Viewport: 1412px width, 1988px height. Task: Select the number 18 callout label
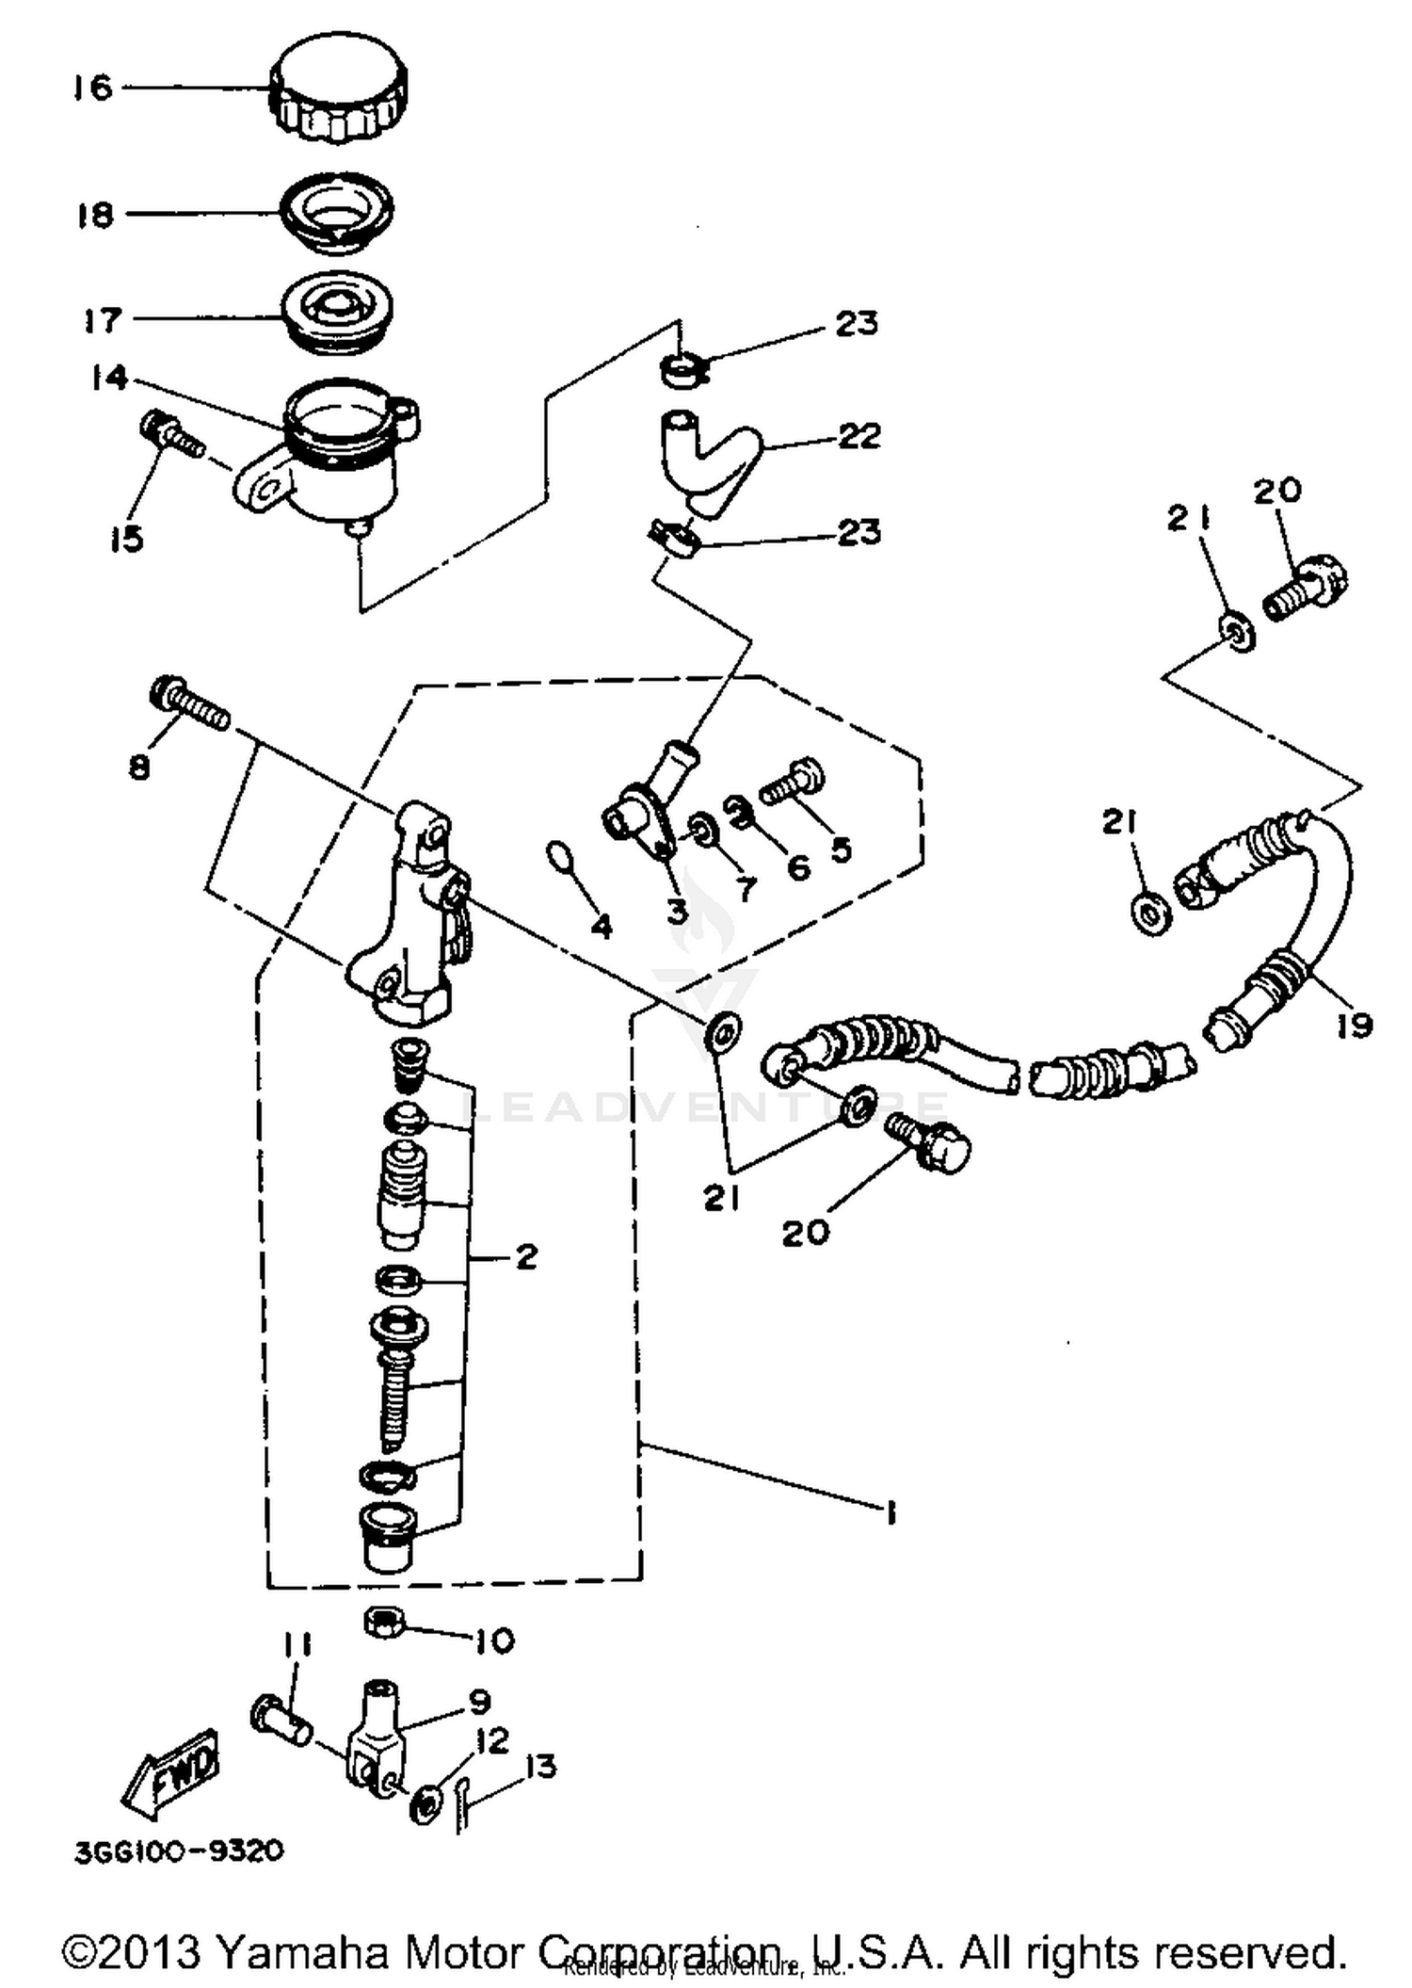click(95, 215)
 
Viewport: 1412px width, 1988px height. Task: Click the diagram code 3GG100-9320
click(179, 1851)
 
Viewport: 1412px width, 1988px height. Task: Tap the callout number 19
click(1353, 1025)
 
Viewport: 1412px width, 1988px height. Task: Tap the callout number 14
click(109, 379)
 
